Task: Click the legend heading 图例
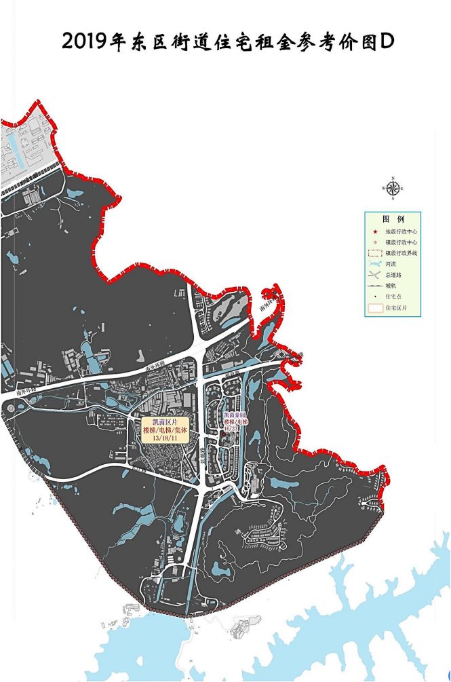[x=393, y=220]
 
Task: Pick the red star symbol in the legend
[x=374, y=232]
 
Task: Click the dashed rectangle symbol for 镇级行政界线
[x=374, y=253]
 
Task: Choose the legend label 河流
[x=391, y=265]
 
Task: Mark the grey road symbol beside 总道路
[x=374, y=276]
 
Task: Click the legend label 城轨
[x=391, y=286]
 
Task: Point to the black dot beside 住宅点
[x=374, y=297]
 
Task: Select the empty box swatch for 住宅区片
[x=374, y=308]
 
